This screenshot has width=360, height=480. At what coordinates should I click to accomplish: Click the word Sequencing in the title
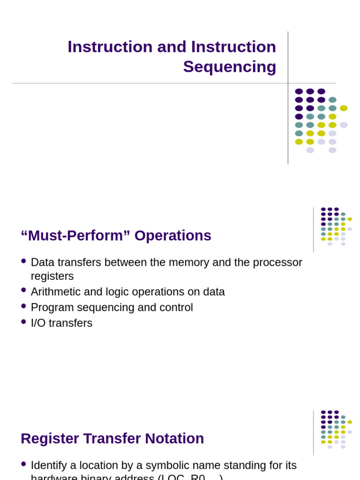tap(229, 67)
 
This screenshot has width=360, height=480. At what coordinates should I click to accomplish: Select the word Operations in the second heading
tap(172, 235)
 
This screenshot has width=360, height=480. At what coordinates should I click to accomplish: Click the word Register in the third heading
tap(50, 438)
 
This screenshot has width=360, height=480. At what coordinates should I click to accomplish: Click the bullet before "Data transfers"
tap(23, 261)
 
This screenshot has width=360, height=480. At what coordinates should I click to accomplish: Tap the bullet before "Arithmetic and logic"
tap(23, 290)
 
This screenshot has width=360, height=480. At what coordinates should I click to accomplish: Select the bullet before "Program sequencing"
tap(23, 306)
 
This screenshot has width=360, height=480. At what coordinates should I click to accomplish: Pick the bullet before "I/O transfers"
tap(23, 322)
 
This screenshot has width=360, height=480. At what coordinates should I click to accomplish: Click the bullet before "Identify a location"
tap(23, 464)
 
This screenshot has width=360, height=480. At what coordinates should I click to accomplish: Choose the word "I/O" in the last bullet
tap(39, 323)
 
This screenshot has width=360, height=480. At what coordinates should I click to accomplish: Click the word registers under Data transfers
tap(52, 276)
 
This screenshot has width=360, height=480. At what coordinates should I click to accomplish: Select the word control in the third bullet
tap(177, 307)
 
